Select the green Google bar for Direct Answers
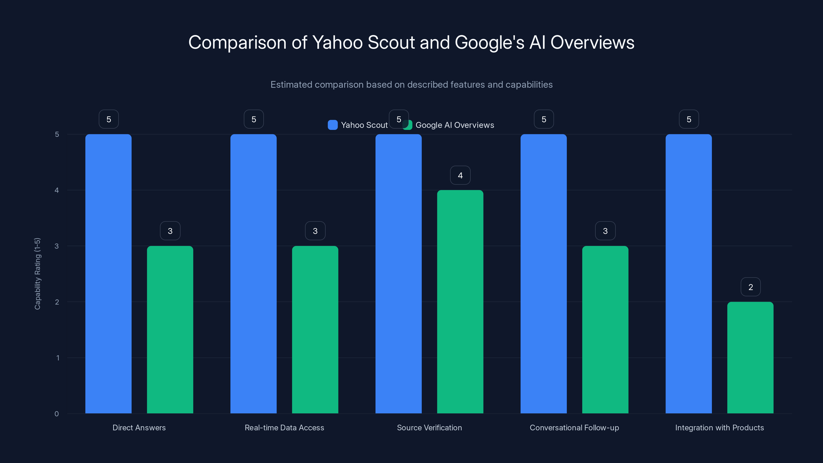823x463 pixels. (x=170, y=330)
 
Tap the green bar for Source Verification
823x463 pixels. (x=460, y=302)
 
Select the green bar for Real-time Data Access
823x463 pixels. (x=315, y=330)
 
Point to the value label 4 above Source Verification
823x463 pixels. (x=460, y=175)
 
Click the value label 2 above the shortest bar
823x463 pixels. (x=750, y=287)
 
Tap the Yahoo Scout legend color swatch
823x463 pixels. (x=333, y=125)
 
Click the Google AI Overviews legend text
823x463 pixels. (x=455, y=125)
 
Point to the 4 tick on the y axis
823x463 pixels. (x=57, y=190)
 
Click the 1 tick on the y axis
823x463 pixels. (x=58, y=358)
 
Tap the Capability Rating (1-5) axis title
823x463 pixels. (x=37, y=273)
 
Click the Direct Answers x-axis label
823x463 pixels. (x=139, y=428)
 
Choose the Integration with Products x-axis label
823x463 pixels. (x=720, y=428)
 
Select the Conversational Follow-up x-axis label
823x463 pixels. (x=574, y=428)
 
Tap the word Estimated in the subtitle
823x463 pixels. (x=291, y=84)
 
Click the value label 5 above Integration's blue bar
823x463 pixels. (x=689, y=119)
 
